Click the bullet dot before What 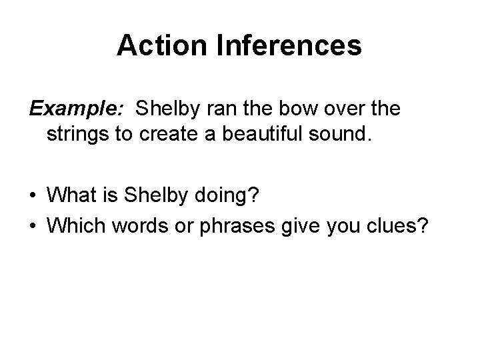[x=32, y=197]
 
